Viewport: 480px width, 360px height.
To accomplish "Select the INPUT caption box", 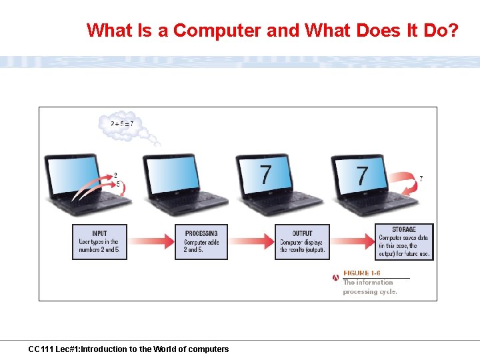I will (99, 241).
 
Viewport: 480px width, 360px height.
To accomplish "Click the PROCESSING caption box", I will (201, 241).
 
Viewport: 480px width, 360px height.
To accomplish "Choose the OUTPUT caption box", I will (302, 241).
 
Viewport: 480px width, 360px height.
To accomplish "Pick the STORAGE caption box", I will (404, 241).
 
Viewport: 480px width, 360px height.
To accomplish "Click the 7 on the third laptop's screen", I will (266, 175).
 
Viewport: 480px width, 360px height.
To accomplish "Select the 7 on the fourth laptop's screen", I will (362, 175).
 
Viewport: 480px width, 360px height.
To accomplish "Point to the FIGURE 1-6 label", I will (361, 273).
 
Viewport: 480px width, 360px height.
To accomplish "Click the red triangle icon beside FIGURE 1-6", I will (336, 277).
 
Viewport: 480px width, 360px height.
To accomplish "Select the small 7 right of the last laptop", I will (421, 179).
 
